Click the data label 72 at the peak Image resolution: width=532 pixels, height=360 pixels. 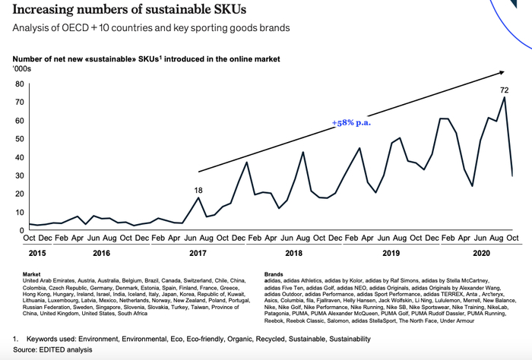click(504, 90)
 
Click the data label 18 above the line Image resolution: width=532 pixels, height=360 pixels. click(198, 190)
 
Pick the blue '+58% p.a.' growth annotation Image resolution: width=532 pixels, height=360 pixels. click(352, 122)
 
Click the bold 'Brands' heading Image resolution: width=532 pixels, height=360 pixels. click(274, 273)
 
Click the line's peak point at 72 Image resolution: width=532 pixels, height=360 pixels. click(504, 98)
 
